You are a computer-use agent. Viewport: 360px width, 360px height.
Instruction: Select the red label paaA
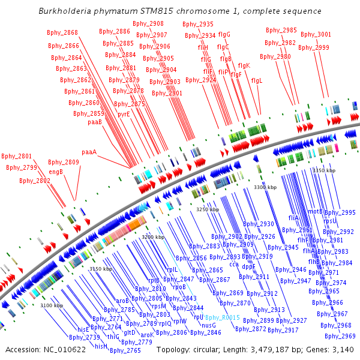click(89, 152)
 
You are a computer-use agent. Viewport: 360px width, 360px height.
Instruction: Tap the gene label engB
click(56, 171)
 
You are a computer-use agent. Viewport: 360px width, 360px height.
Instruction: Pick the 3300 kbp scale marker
click(265, 188)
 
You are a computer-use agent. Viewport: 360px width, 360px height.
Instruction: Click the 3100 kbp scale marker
click(52, 306)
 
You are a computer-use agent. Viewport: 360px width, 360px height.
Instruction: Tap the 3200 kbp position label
click(154, 238)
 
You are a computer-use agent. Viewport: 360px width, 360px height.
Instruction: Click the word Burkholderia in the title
click(64, 11)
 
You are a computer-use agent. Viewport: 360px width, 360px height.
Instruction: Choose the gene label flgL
click(257, 80)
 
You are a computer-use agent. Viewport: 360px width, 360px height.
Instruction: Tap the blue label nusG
click(208, 325)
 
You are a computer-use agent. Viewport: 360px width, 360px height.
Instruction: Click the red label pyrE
click(124, 113)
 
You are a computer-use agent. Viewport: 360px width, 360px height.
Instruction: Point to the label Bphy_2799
click(22, 167)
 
